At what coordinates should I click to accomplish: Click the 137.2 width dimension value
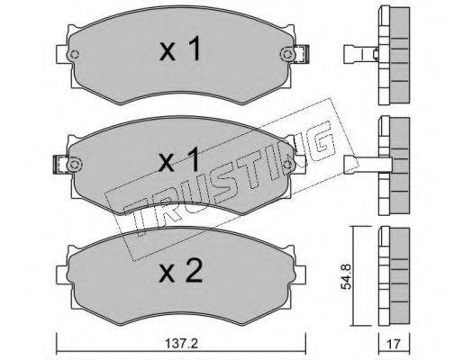pyautogui.click(x=181, y=344)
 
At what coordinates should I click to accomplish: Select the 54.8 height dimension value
pyautogui.click(x=346, y=276)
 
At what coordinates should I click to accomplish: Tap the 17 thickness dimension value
pyautogui.click(x=394, y=344)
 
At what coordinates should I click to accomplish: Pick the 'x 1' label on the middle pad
pyautogui.click(x=179, y=159)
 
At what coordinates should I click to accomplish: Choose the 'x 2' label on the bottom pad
pyautogui.click(x=181, y=270)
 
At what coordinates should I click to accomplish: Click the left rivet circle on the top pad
pyautogui.click(x=74, y=54)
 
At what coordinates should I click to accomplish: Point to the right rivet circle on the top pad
pyautogui.click(x=286, y=54)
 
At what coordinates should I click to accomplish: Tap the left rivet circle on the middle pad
pyautogui.click(x=74, y=165)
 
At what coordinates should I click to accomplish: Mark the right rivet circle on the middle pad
pyautogui.click(x=287, y=164)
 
